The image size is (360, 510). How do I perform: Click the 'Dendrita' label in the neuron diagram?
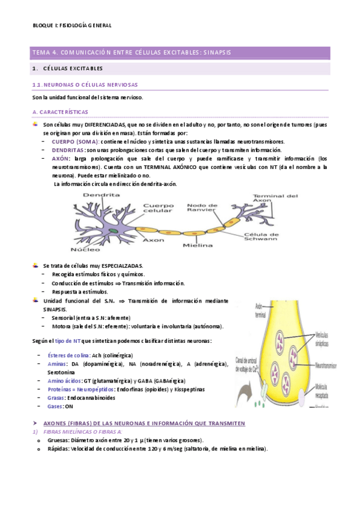tap(97, 195)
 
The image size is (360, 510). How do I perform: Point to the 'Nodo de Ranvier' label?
tap(201, 208)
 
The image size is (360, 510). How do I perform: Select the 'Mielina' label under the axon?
tap(198, 245)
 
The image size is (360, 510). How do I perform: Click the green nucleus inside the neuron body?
tap(112, 230)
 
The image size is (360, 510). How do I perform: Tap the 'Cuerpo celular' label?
tap(158, 208)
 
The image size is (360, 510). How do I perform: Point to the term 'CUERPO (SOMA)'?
tap(75, 141)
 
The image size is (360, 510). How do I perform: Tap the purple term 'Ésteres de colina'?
tap(69, 355)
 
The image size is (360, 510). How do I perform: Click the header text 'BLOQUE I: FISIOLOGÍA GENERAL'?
tap(72, 25)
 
